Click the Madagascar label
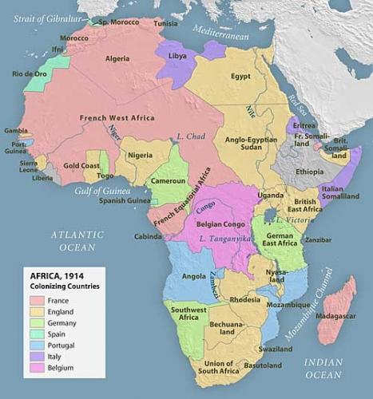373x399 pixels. [x=335, y=318]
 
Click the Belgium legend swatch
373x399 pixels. [x=36, y=368]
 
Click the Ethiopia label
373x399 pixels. [x=308, y=172]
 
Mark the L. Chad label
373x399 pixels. [x=192, y=136]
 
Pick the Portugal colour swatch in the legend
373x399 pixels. [x=36, y=345]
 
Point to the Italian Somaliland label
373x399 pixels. [x=342, y=193]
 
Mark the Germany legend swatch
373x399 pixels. [x=36, y=322]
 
